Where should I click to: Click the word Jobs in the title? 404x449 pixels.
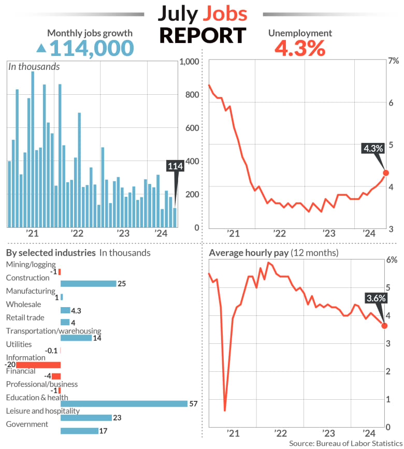[x=224, y=14]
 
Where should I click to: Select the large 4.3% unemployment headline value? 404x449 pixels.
[x=299, y=49]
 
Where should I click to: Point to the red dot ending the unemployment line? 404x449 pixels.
[x=385, y=173]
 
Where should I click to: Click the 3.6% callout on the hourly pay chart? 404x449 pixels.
[x=376, y=298]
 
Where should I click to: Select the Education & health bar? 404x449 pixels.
[x=124, y=404]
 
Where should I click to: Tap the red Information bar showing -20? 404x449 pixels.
[x=38, y=365]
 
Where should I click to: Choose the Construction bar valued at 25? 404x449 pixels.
[x=88, y=284]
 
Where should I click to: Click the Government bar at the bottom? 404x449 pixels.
[x=79, y=431]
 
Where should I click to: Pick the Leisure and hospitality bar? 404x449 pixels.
[x=86, y=417]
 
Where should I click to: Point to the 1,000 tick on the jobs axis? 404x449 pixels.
[x=189, y=62]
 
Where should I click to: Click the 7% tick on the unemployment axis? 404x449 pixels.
[x=394, y=62]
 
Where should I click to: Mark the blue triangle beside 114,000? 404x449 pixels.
[x=41, y=49]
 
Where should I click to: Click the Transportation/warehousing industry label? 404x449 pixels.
[x=53, y=331]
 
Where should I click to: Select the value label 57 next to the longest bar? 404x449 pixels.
[x=194, y=404]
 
